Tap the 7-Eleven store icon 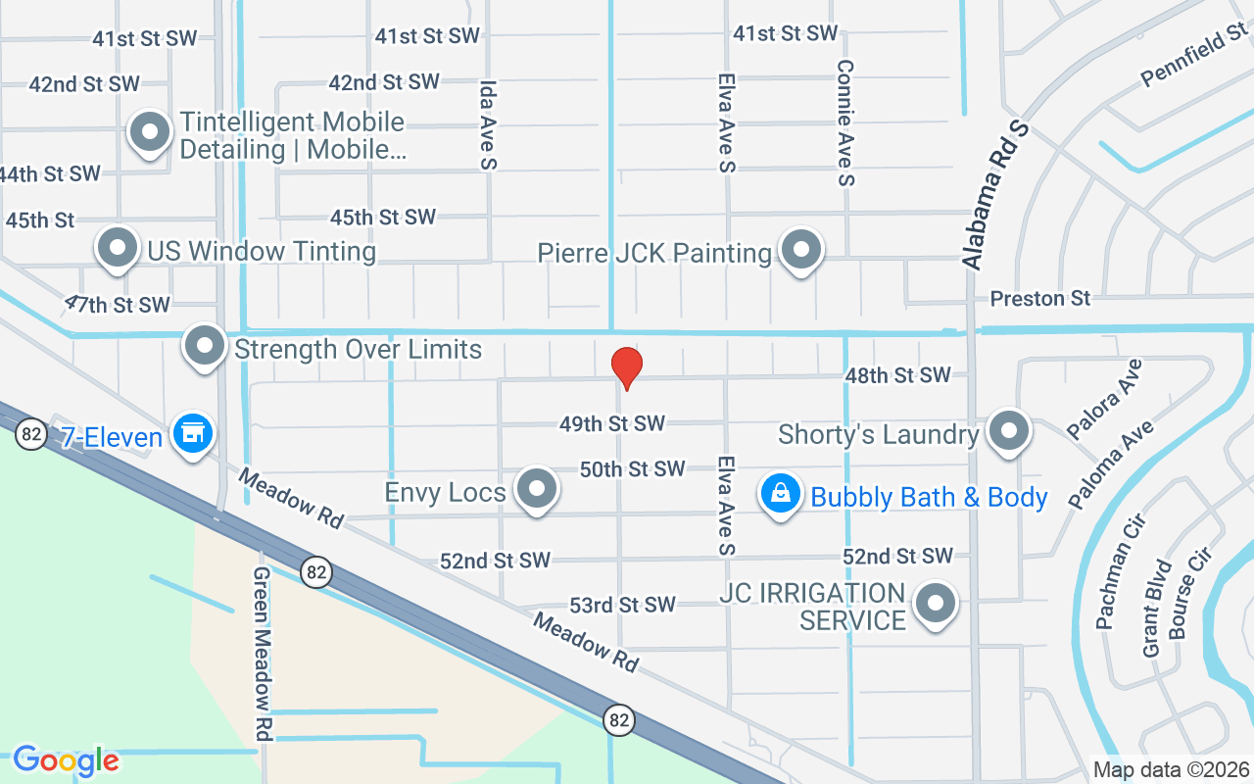point(192,433)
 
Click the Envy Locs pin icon point(536,490)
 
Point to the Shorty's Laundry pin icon point(1008,432)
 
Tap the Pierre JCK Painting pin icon point(801,251)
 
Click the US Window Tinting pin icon point(118,249)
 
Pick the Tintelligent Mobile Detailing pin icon point(150,133)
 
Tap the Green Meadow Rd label point(262,653)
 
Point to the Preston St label point(1039,298)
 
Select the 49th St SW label point(612,423)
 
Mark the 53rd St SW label point(623,605)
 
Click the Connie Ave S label point(845,122)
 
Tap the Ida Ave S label point(488,125)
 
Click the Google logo point(66,759)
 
